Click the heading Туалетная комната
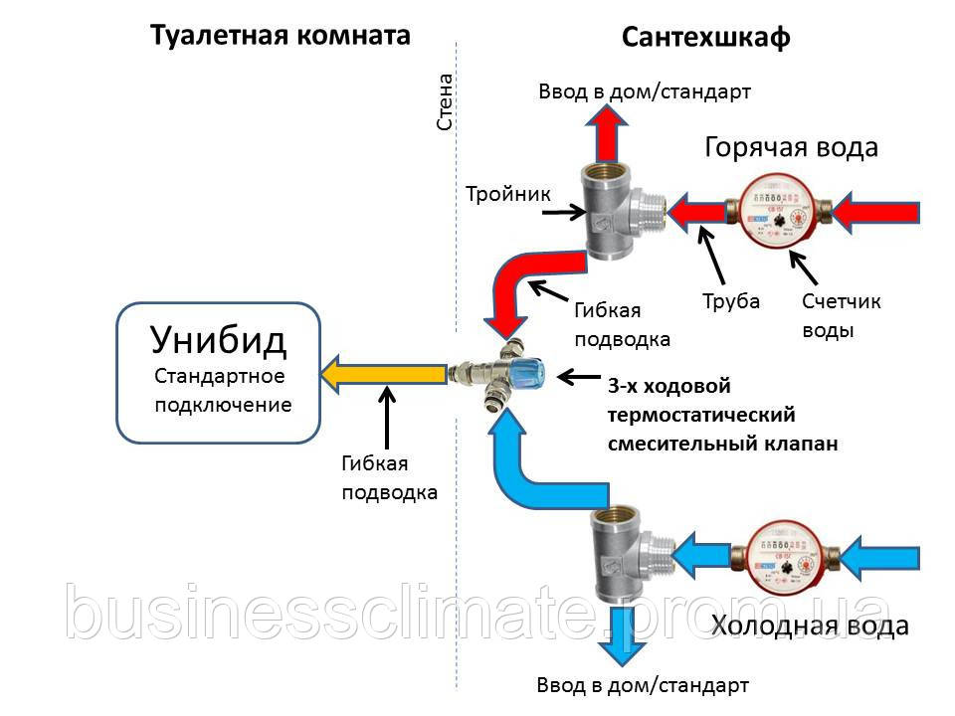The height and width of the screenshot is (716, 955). click(281, 36)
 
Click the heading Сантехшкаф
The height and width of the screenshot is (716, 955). click(706, 38)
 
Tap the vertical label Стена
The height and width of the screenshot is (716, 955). click(446, 101)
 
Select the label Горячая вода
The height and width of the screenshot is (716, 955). click(791, 147)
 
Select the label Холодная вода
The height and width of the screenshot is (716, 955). click(810, 626)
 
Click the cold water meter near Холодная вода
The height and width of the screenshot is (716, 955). click(786, 556)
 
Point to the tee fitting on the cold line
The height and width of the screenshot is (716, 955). click(632, 554)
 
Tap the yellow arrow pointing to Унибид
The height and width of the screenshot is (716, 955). click(384, 374)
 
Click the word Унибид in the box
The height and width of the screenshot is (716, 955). click(219, 340)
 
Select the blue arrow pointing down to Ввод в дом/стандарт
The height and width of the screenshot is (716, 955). click(621, 635)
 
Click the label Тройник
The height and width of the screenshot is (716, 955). click(508, 194)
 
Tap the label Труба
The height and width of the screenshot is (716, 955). click(731, 301)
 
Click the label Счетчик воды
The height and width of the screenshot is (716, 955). click(842, 315)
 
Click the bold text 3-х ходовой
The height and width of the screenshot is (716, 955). click(668, 386)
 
